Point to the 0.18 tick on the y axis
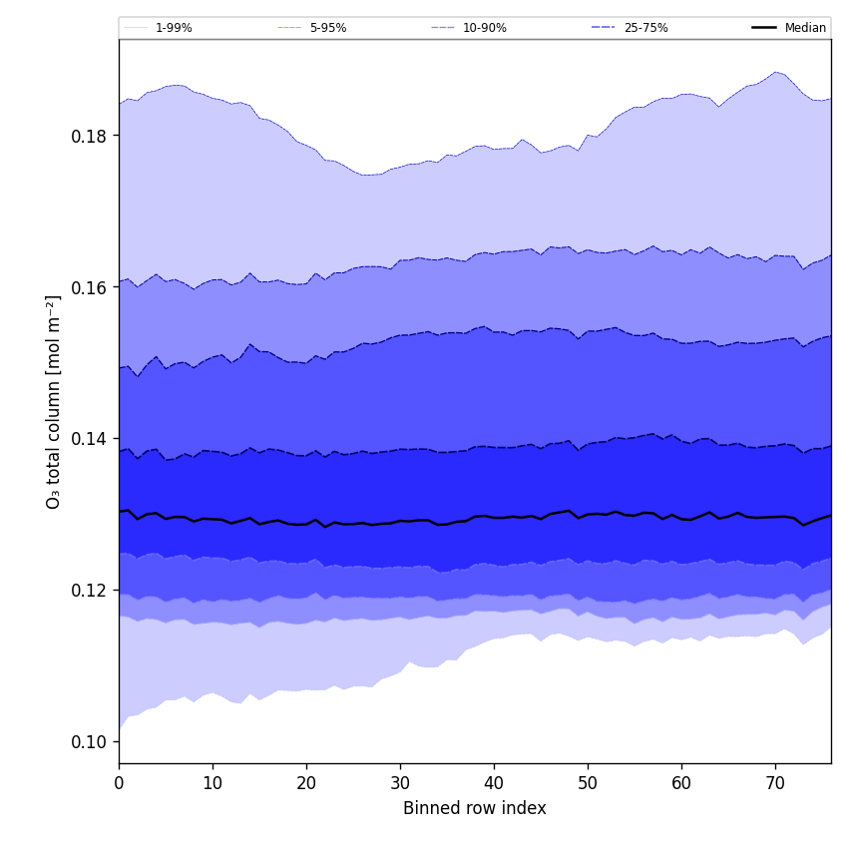[x=91, y=136]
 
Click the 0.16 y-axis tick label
[x=91, y=287]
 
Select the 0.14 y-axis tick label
[x=91, y=439]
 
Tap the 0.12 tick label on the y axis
[x=91, y=591]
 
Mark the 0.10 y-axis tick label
[x=91, y=742]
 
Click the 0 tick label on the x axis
[x=119, y=783]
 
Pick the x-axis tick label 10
[x=212, y=783]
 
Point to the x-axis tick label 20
[x=306, y=783]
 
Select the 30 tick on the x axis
[x=400, y=783]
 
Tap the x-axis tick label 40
[x=494, y=783]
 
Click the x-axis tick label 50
[x=588, y=783]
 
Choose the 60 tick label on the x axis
[x=681, y=783]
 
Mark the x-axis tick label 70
[x=775, y=783]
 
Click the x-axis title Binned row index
[x=475, y=809]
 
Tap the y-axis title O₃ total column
[x=54, y=401]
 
